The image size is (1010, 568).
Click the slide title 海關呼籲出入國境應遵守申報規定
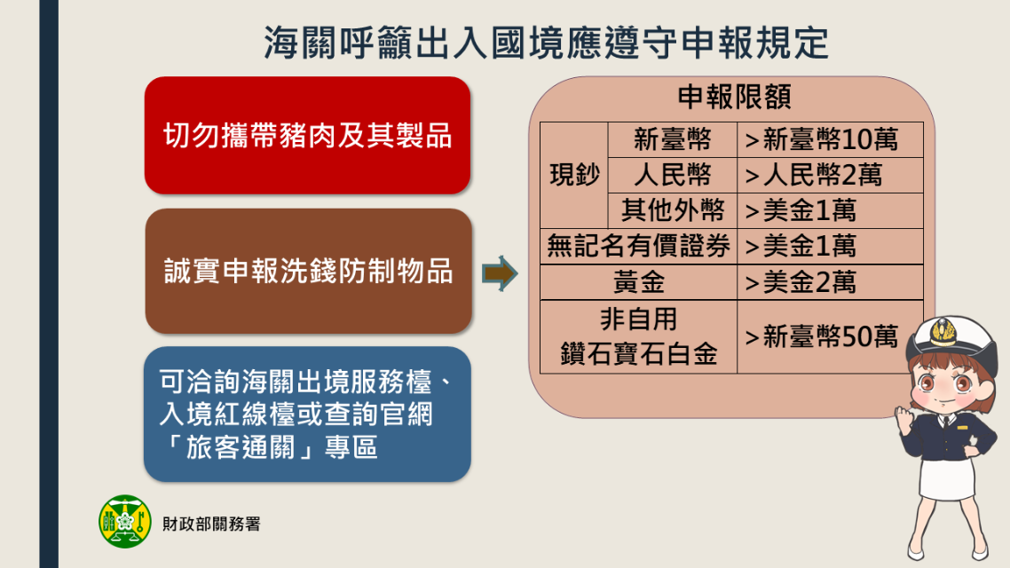click(546, 43)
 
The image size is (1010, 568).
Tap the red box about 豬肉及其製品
click(307, 135)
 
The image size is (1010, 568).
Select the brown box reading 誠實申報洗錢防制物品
click(308, 271)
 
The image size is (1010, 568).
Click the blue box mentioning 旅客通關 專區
click(307, 414)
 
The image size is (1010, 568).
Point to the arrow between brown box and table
click(500, 273)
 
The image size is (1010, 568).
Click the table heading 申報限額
click(734, 98)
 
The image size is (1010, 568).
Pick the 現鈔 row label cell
click(574, 175)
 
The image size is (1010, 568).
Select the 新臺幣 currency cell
click(673, 139)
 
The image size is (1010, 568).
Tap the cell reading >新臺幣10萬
click(830, 139)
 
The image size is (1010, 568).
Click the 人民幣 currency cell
click(673, 175)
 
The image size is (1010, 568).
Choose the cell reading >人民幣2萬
click(830, 175)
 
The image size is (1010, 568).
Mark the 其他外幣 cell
click(673, 210)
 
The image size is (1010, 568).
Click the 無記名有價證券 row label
click(638, 246)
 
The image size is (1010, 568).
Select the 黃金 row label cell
click(638, 282)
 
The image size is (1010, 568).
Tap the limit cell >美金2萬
click(830, 282)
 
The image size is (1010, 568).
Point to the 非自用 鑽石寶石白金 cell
click(638, 336)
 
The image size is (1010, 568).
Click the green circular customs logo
click(125, 521)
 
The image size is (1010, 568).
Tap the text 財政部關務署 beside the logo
click(211, 525)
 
